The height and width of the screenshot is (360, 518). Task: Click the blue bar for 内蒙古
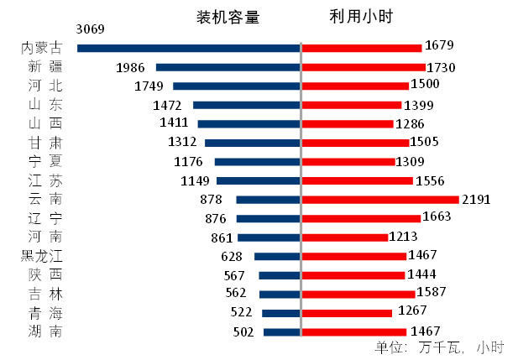pyautogui.click(x=188, y=48)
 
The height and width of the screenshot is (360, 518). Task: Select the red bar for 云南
pyautogui.click(x=379, y=200)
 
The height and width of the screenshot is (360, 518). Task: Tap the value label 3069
pyautogui.click(x=90, y=29)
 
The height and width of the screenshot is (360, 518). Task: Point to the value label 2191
pyautogui.click(x=475, y=200)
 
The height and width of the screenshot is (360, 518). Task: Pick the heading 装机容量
pyautogui.click(x=228, y=18)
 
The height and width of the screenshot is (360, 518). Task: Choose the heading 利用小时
pyautogui.click(x=362, y=18)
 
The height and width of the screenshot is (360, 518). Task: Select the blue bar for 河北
pyautogui.click(x=236, y=86)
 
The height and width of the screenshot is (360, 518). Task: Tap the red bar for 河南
pyautogui.click(x=344, y=237)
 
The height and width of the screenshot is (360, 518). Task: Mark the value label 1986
pyautogui.click(x=131, y=67)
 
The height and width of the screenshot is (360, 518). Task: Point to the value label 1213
pyautogui.click(x=403, y=237)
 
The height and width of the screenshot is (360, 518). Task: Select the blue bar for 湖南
pyautogui.click(x=281, y=332)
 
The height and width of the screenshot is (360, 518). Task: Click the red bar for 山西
pyautogui.click(x=347, y=123)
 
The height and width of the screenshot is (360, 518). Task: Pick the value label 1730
pyautogui.click(x=441, y=67)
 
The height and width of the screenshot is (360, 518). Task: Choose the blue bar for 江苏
pyautogui.click(x=258, y=180)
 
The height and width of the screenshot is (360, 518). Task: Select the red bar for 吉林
pyautogui.click(x=358, y=294)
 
